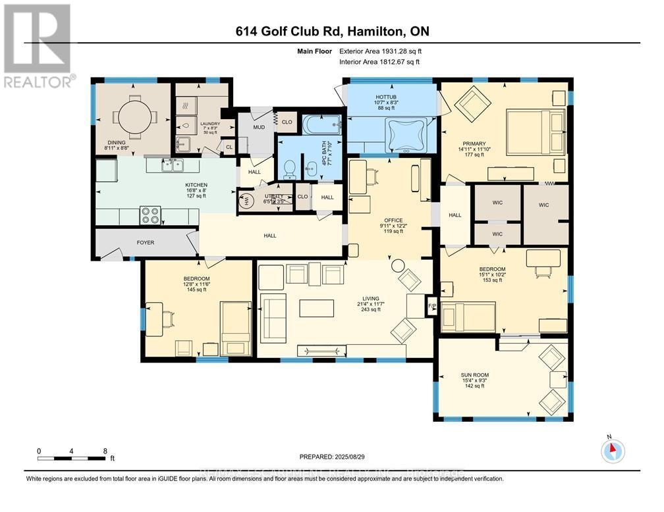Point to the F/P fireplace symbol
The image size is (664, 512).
click(x=432, y=306)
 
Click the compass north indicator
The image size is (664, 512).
click(x=613, y=449)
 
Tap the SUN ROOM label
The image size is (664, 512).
click(x=474, y=375)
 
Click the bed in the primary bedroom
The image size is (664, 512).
click(x=534, y=130)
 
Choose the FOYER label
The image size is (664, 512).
click(x=146, y=242)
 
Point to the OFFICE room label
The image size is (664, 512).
click(x=394, y=220)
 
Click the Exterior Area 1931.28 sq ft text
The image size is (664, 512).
click(x=379, y=51)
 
